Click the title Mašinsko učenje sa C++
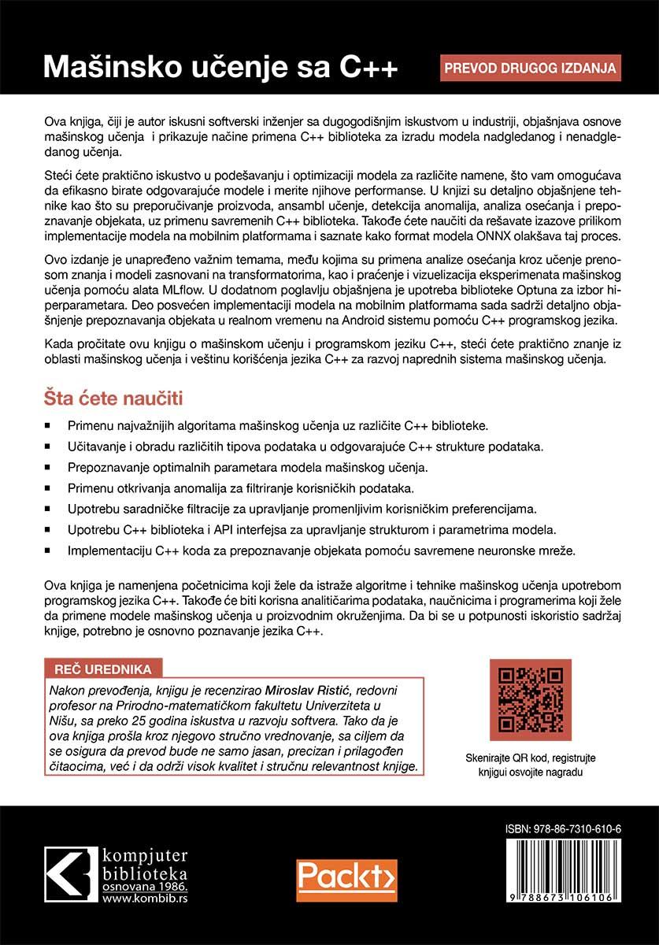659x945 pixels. coord(220,67)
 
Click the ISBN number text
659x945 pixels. coord(563,830)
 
